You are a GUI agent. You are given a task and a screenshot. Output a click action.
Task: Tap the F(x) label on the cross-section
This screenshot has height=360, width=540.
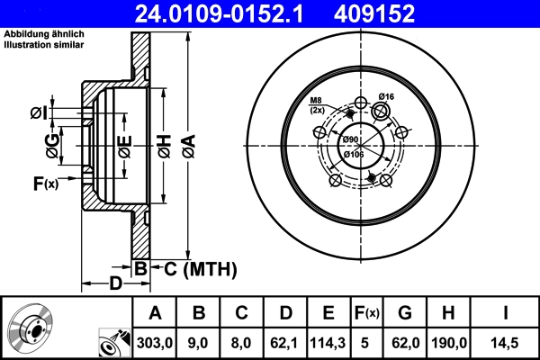pyautogui.click(x=45, y=184)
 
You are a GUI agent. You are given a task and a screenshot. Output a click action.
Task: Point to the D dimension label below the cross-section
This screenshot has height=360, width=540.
pyautogui.click(x=115, y=284)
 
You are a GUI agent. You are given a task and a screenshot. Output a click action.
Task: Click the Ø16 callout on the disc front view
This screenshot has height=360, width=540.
pyautogui.click(x=387, y=96)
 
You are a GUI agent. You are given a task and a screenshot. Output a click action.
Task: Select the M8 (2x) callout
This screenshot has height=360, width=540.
pyautogui.click(x=317, y=104)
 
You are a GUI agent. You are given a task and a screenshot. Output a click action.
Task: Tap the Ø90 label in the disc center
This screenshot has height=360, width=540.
pyautogui.click(x=350, y=139)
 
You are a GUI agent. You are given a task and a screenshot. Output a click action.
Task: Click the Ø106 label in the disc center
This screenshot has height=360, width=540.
pyautogui.click(x=354, y=154)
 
